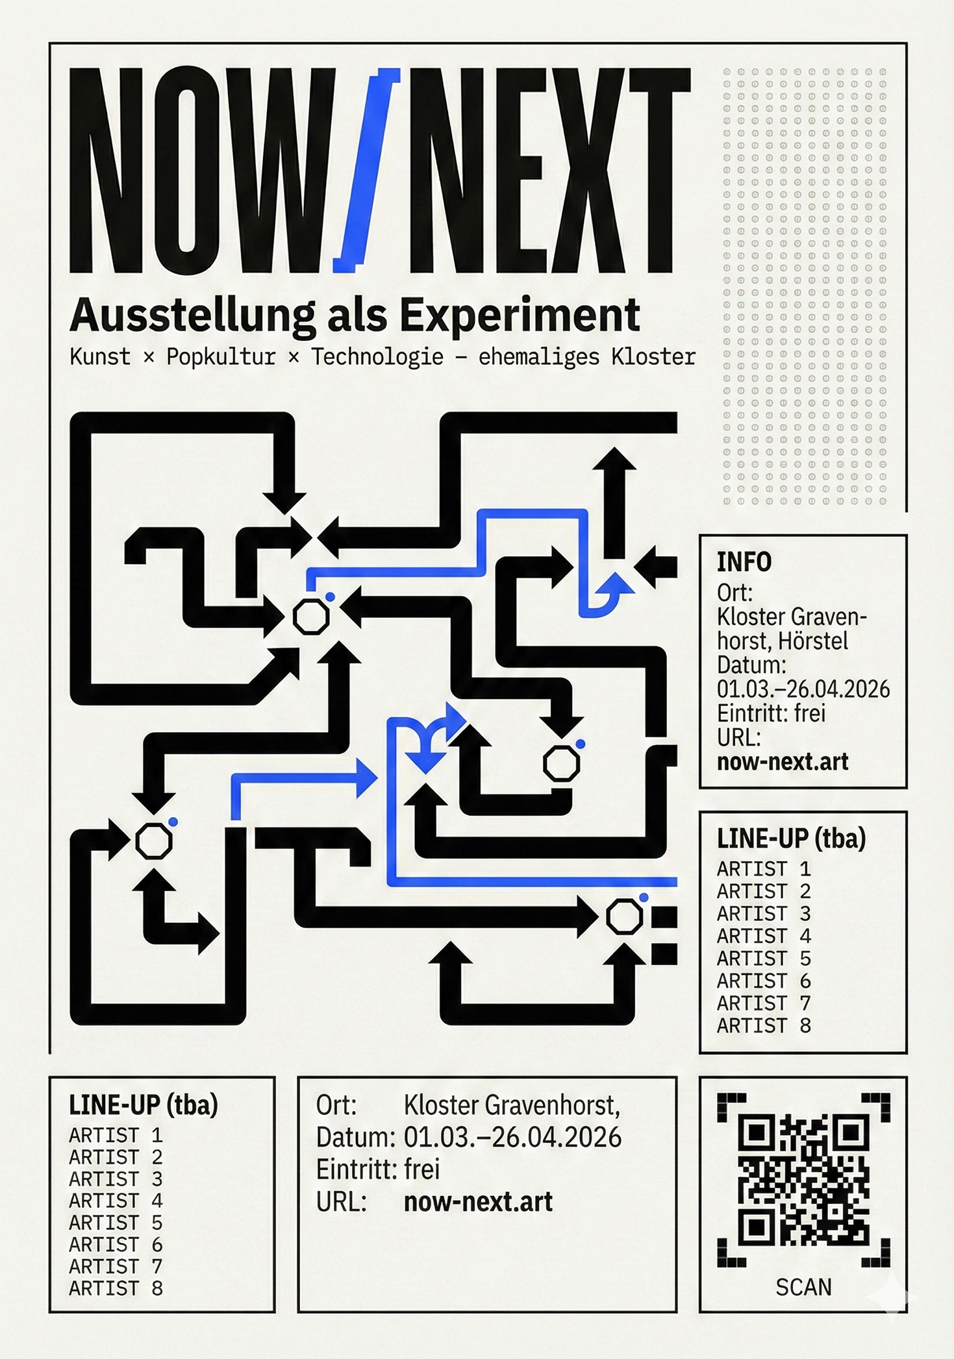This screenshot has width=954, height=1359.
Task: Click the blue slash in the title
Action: [366, 170]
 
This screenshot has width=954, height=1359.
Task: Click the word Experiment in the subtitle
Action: [520, 316]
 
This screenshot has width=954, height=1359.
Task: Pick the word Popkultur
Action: [221, 357]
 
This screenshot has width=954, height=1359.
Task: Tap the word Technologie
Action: [377, 357]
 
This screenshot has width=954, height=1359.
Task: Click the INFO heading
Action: [744, 562]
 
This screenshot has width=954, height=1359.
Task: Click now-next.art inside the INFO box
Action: [783, 761]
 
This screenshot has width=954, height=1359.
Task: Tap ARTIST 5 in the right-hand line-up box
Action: [764, 959]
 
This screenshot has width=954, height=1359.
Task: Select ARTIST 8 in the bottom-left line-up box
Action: [116, 1288]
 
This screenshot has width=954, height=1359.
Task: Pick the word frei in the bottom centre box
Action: [422, 1169]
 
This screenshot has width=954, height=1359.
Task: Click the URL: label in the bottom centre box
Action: [342, 1202]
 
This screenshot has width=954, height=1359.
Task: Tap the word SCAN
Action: [803, 1287]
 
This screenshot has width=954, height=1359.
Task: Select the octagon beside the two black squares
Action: [624, 917]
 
